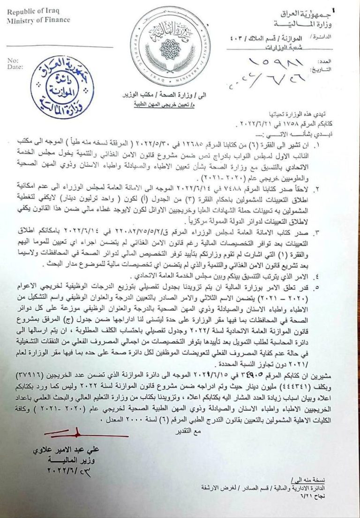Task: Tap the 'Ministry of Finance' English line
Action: pyautogui.click(x=38, y=20)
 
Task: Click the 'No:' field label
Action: pyautogui.click(x=13, y=60)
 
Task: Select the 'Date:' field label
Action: pyautogui.click(x=15, y=67)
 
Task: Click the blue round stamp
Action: pyautogui.click(x=62, y=87)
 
